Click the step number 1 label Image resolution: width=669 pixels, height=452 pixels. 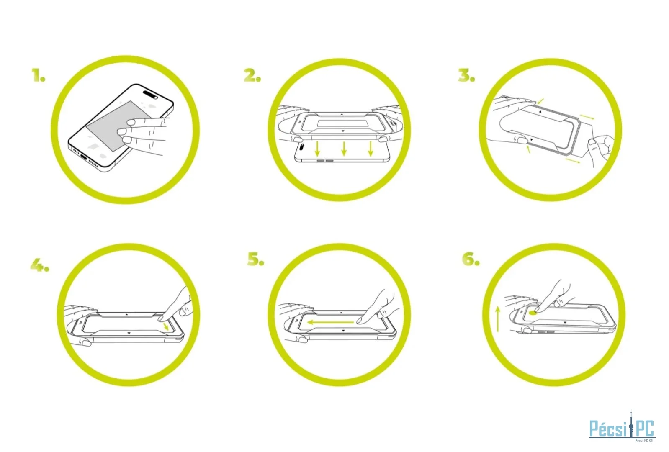[x=39, y=75]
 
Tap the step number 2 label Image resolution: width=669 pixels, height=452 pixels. [x=252, y=75]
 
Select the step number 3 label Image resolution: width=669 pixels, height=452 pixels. [x=466, y=75]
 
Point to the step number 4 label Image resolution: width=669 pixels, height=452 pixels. [x=40, y=265]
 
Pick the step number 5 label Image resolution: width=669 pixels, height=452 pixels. [x=256, y=259]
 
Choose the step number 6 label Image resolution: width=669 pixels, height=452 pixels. [x=471, y=259]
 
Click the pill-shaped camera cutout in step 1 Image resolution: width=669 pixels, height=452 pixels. [x=151, y=94]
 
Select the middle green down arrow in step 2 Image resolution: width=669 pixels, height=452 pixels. [x=344, y=149]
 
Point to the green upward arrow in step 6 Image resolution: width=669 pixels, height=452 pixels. [x=498, y=318]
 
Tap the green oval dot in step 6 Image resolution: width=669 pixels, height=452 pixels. [x=533, y=313]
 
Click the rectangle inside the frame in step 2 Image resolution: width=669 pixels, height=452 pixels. [x=342, y=123]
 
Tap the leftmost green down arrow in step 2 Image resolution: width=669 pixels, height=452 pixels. [x=317, y=149]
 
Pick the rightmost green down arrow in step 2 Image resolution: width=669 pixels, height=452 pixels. [x=371, y=149]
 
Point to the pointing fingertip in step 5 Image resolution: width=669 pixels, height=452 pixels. [x=360, y=321]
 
